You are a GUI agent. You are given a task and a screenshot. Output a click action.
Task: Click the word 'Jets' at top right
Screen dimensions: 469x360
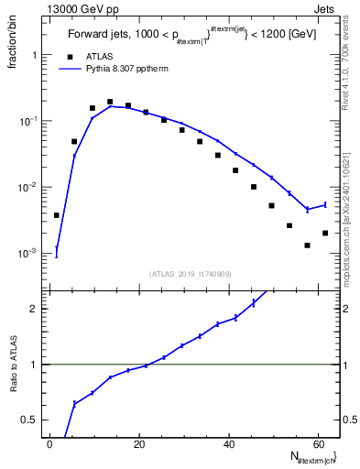coord(326,8)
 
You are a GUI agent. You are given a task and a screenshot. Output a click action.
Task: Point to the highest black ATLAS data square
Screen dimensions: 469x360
coord(110,102)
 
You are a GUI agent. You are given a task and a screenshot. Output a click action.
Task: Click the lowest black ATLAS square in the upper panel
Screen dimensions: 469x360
coord(308,245)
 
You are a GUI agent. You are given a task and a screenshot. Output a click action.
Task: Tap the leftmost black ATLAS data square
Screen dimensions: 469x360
coord(57,215)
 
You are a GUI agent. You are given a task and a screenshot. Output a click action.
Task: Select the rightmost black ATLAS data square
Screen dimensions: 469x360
coord(325,233)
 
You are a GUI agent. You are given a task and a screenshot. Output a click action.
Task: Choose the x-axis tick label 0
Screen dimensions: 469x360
coord(51,444)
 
